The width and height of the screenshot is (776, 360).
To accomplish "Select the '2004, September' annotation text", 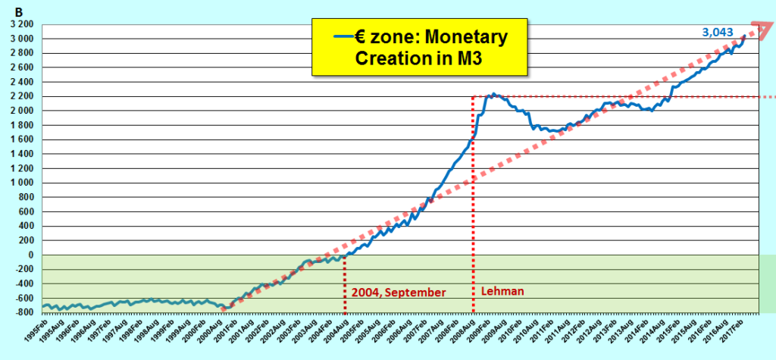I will click(398, 292).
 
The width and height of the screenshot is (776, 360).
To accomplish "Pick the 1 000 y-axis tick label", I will click(21, 183).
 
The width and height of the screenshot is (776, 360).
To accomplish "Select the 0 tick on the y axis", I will click(31, 255).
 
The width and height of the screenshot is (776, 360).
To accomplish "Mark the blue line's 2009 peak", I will click(493, 95).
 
